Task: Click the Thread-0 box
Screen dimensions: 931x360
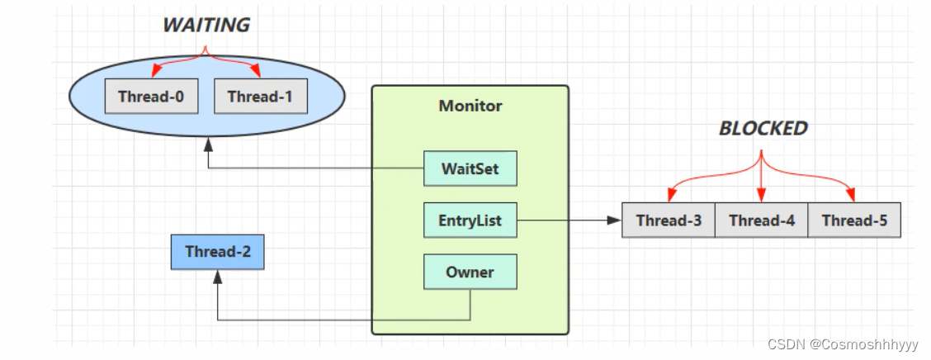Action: tap(151, 97)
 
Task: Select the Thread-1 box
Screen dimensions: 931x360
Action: tap(260, 97)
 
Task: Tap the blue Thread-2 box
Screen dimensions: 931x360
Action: tap(217, 252)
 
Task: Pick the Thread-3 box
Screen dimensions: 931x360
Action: tap(669, 220)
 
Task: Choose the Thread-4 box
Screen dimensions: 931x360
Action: tap(761, 220)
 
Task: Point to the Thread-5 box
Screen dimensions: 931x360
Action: tap(854, 220)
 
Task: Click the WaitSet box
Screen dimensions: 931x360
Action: tap(470, 168)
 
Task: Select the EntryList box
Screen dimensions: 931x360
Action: tap(470, 220)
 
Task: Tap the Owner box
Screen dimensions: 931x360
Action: tap(470, 272)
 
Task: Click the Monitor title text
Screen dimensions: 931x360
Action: tap(470, 107)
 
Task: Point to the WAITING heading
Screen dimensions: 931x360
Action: tap(206, 25)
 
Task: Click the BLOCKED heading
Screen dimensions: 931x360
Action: tap(763, 128)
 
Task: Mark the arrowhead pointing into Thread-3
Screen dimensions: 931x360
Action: tap(615, 220)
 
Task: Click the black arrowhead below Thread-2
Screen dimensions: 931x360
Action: tap(218, 277)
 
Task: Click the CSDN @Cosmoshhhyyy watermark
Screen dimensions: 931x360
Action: tap(843, 344)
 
